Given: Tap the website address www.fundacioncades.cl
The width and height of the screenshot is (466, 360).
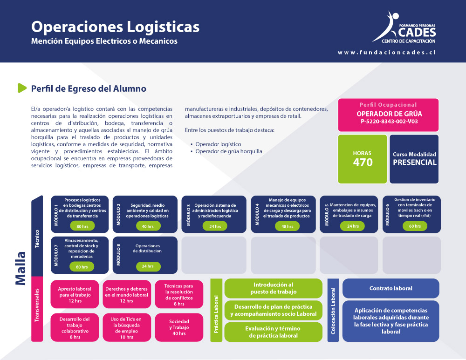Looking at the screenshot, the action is pos(387,52).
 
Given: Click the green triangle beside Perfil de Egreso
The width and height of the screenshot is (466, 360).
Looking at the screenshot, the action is pos(22,88).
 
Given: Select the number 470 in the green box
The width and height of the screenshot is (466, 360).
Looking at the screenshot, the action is pos(363,162).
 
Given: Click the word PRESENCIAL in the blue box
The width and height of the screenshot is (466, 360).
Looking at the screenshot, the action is pos(415,162).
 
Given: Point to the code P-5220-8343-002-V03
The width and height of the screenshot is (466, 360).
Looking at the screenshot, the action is pos(389,122).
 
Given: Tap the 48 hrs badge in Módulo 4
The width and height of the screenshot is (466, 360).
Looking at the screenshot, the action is pos(287,226).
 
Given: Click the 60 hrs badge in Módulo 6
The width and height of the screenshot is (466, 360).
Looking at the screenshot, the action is pos(415,226).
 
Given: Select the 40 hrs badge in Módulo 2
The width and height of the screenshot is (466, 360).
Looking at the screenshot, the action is pos(148,226).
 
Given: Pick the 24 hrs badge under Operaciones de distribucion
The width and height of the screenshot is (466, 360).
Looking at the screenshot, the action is pos(148,266).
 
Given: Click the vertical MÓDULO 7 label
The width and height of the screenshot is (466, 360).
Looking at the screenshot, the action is pos(56,255).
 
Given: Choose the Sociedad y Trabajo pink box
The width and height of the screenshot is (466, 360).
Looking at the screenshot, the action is pos(179,327).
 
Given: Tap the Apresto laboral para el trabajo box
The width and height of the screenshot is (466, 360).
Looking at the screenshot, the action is pos(75,294).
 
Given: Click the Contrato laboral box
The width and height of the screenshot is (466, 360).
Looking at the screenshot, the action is pos(391,288).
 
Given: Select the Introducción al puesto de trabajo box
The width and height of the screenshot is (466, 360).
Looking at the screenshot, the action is pos(274,288).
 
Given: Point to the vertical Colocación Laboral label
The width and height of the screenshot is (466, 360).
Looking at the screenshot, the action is pos(333,311).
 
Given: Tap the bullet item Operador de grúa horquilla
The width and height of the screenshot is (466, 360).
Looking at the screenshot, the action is pos(228,151).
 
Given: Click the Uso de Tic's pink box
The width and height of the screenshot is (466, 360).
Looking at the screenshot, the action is pos(127,327).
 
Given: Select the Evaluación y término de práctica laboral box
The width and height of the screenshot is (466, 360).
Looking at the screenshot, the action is pos(274,332).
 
